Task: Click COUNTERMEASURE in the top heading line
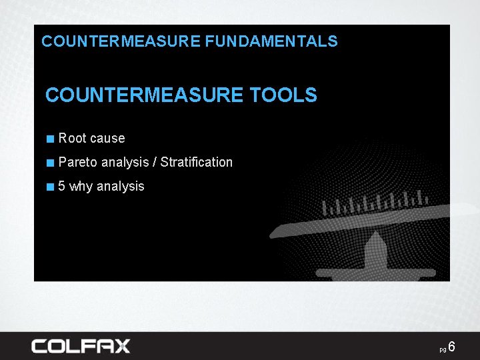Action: tap(121, 41)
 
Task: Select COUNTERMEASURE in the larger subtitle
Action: tap(145, 95)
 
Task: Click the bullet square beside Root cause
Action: tap(50, 139)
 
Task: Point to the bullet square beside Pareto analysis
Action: tap(50, 163)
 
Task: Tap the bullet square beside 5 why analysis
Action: tap(50, 187)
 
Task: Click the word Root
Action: tap(72, 139)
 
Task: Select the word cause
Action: tap(107, 139)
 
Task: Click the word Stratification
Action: tap(197, 162)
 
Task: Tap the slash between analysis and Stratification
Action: tap(155, 162)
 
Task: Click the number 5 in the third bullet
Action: tap(62, 186)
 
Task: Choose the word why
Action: tap(81, 186)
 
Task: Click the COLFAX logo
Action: tap(81, 345)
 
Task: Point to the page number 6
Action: tap(452, 347)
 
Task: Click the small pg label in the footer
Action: tap(443, 349)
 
